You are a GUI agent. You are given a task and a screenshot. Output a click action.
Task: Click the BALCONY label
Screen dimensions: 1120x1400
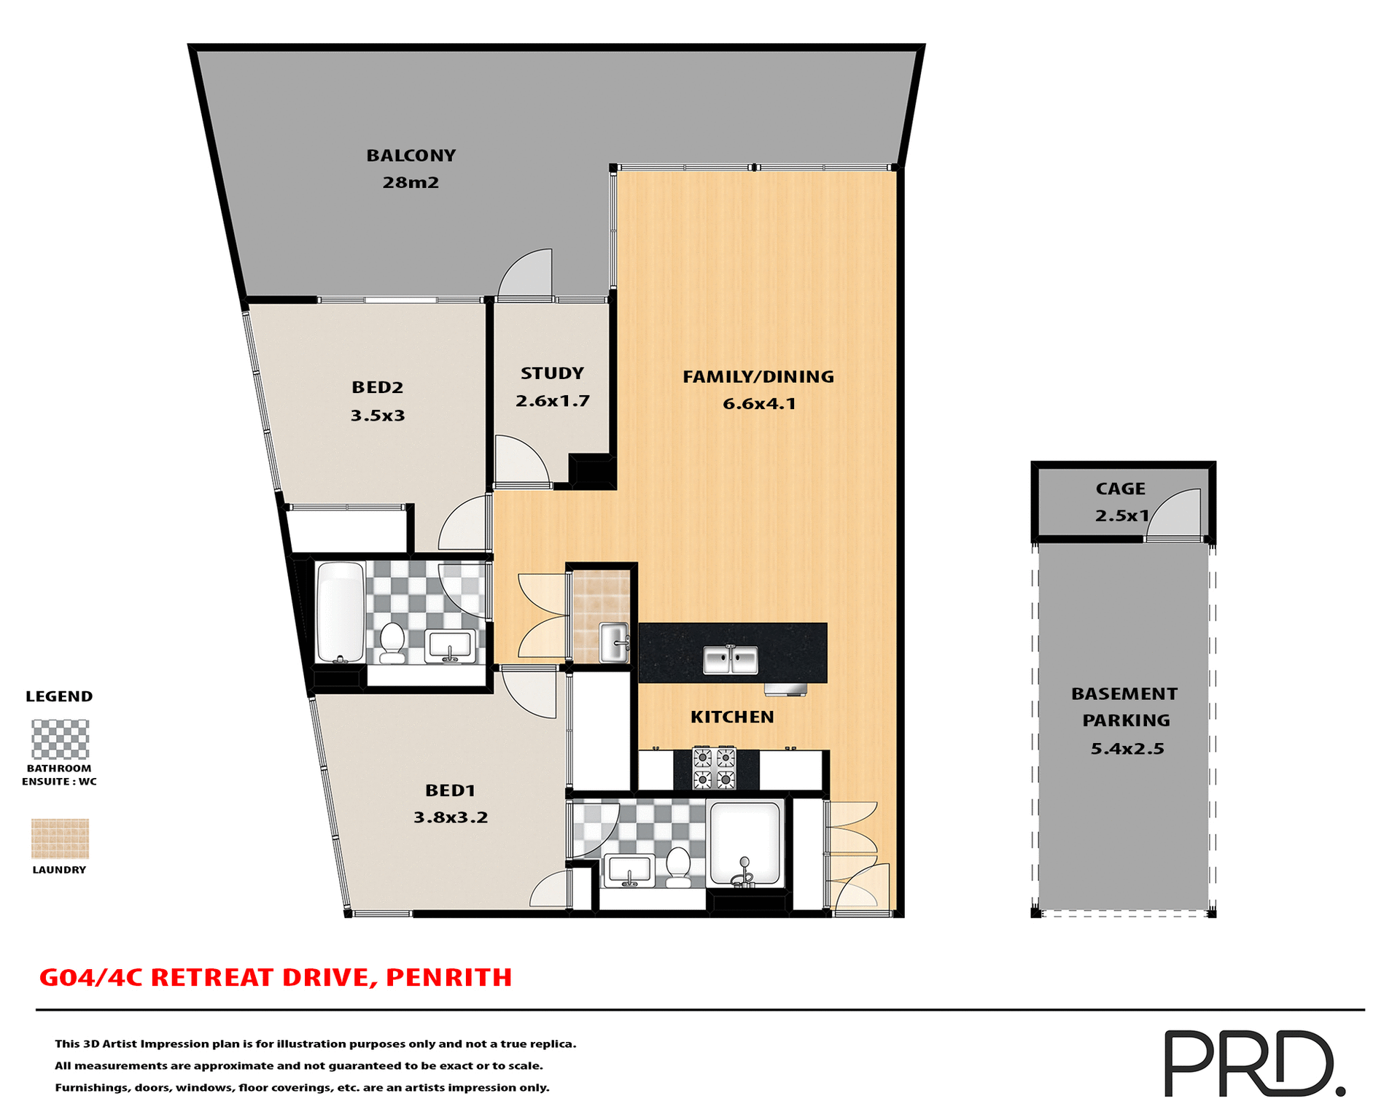click(x=411, y=155)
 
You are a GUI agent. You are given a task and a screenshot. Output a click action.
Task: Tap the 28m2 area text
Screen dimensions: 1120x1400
click(x=411, y=182)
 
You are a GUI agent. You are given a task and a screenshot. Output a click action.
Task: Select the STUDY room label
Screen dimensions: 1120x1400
click(x=552, y=373)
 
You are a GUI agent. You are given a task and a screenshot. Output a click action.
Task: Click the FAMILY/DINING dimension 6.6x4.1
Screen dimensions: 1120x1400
click(x=759, y=404)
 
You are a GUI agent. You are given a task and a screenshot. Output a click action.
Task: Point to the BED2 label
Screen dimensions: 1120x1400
click(x=377, y=387)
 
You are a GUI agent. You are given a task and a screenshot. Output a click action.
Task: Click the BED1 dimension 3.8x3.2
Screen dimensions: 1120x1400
click(x=451, y=817)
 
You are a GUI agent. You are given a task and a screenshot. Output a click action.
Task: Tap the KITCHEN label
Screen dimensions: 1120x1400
click(x=732, y=717)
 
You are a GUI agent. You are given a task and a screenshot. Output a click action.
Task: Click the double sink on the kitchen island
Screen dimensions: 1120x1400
click(x=730, y=660)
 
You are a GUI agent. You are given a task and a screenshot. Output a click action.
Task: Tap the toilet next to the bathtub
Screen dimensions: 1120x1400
click(x=393, y=642)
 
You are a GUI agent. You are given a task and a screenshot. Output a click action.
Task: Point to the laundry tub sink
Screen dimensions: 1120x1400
click(x=614, y=642)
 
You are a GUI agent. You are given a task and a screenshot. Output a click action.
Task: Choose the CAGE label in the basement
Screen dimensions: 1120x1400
click(x=1120, y=489)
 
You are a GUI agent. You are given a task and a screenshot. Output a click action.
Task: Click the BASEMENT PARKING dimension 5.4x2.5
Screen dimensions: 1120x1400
click(x=1127, y=749)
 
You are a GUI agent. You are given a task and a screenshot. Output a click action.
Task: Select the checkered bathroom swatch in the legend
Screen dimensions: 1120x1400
click(x=60, y=739)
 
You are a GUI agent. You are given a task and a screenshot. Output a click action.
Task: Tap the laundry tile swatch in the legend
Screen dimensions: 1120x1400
click(x=60, y=839)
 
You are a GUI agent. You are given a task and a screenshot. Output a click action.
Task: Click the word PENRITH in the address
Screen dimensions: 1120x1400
click(x=448, y=977)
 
